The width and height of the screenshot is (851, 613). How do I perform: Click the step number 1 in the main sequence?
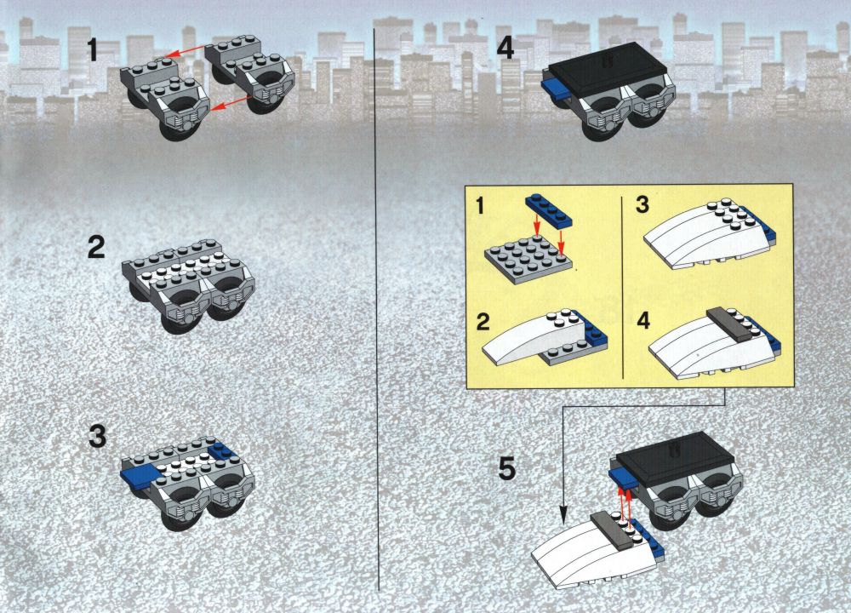coord(92,50)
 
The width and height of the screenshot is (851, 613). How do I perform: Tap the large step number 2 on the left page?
coord(96,247)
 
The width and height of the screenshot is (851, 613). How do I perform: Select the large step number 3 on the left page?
coord(97,437)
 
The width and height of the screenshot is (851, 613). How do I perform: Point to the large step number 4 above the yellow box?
coord(505,47)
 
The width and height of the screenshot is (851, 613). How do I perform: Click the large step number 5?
coord(506,468)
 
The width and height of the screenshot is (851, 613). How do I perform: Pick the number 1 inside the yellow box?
coord(480,207)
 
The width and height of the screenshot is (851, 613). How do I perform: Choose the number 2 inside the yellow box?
coord(483,322)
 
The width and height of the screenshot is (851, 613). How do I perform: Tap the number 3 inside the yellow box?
coord(643,205)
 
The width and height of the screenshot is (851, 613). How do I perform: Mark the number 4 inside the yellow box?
coord(643,321)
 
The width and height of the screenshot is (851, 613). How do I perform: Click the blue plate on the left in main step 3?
coord(140,476)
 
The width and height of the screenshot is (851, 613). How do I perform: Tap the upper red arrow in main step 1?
coord(186,51)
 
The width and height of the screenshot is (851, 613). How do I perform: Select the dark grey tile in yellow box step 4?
coord(729,324)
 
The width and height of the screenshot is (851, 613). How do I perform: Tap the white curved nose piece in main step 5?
coord(589,555)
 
